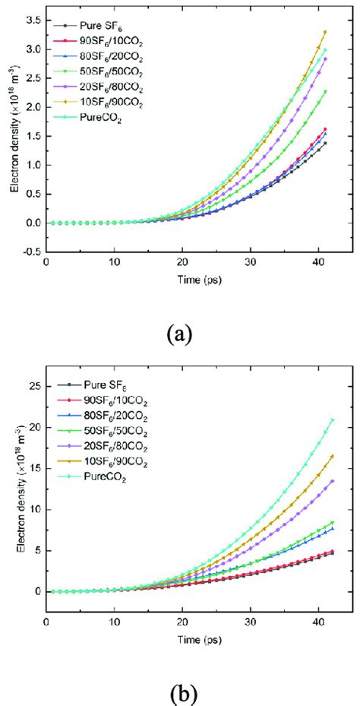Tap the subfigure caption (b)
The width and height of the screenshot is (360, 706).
pyautogui.click(x=181, y=693)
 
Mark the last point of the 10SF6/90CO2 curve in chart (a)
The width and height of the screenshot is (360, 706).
pyautogui.click(x=325, y=32)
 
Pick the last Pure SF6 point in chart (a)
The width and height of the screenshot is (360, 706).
pyautogui.click(x=325, y=143)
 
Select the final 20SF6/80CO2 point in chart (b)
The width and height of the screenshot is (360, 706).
pyautogui.click(x=331, y=481)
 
